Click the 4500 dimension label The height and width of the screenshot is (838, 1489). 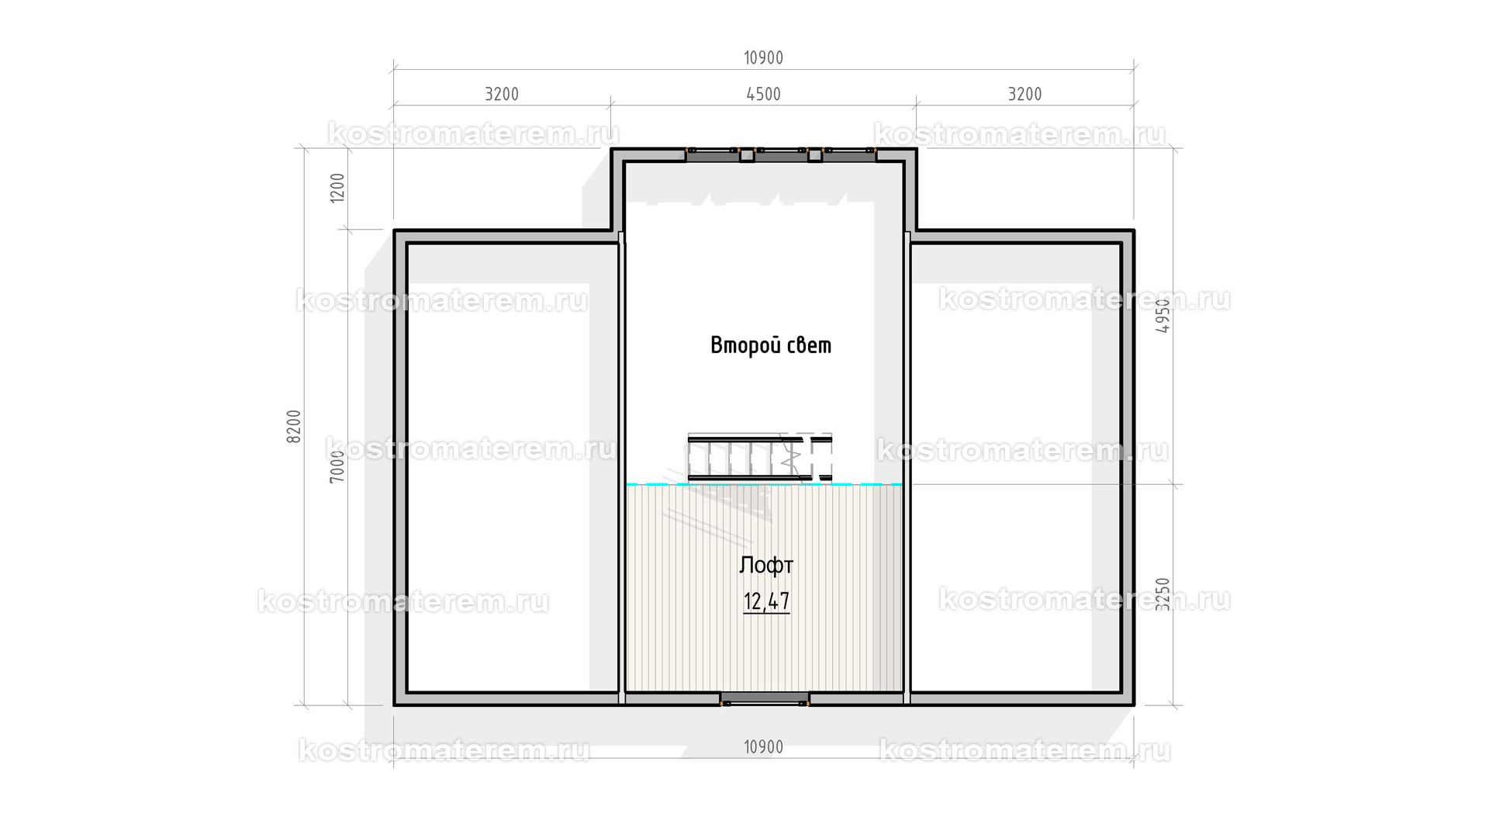pos(763,95)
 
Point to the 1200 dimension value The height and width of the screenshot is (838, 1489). pos(337,188)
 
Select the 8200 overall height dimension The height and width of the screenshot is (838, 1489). pos(294,427)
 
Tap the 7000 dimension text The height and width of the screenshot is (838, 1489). pos(337,466)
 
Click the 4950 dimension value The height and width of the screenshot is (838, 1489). pos(1163,317)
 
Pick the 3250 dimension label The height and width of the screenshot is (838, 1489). pos(1163,594)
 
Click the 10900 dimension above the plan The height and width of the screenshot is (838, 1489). pos(763,58)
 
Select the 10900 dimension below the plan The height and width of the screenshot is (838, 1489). pos(763,747)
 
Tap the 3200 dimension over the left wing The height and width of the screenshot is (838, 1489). pos(502,95)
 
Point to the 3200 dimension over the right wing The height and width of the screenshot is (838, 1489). pos(1024,95)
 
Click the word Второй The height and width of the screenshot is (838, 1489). pos(738,345)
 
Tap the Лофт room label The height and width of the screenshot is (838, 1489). pos(766,565)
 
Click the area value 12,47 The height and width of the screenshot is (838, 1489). pos(766,602)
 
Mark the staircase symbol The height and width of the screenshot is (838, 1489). pos(760,458)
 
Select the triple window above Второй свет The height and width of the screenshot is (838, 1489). pos(781,154)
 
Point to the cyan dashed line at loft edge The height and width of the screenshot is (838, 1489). pos(765,484)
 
